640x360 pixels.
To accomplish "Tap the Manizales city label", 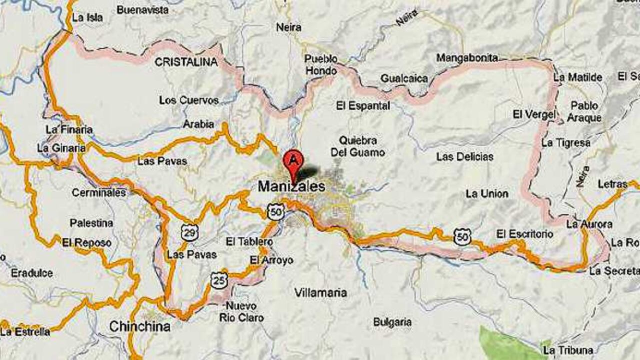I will [291, 187].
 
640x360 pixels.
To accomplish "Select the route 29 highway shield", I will [189, 232].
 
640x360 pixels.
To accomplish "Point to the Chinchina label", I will [139, 327].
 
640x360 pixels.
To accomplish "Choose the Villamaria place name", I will [320, 292].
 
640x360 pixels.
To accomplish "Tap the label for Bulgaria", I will [392, 322].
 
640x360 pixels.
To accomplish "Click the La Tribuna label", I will [568, 349].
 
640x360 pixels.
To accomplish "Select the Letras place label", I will [612, 184].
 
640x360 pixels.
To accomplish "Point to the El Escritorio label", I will [525, 233].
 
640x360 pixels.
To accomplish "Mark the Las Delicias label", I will [464, 157].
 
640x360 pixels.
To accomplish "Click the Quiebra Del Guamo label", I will [361, 146].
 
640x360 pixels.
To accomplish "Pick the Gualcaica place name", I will [404, 78].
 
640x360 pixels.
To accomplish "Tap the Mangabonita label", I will [467, 58].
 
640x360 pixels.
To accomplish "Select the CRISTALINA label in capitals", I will [186, 62].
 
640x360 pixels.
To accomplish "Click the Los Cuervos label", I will [189, 100].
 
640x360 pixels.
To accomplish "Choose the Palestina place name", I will [91, 223].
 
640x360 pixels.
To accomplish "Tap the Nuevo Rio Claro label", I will [241, 311].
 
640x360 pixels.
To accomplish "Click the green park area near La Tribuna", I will [505, 342].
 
